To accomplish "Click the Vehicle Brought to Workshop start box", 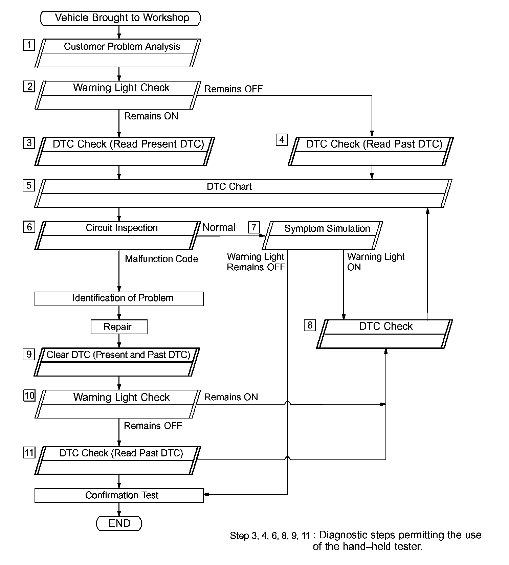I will pos(120,18).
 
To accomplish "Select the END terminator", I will pos(119,523).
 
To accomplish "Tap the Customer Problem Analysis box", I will pos(118,53).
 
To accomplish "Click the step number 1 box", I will pos(29,45).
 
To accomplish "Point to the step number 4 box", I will pos(282,139).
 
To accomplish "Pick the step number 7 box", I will pos(254,227).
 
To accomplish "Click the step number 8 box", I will pos(310,325).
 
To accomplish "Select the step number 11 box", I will pos(29,453).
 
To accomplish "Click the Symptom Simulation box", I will pos(322,235).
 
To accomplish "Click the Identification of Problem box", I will pos(119,299).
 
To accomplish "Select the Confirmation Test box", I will pos(119,495).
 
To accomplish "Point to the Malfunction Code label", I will pos(161,259).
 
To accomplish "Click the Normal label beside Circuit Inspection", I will pos(219,228).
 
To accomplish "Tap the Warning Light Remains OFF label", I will pos(256,262).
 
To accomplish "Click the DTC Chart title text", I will pos(229,187).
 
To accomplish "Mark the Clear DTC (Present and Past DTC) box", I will pos(117,362).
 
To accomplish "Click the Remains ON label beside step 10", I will pos(231,397).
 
